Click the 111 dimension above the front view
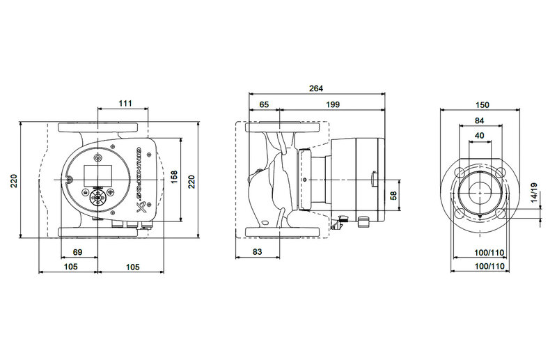[x=125, y=103]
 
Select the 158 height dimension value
[x=174, y=177]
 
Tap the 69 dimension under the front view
[x=77, y=252]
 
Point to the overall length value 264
[x=316, y=88]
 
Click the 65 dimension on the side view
[x=264, y=104]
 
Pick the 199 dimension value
[x=333, y=104]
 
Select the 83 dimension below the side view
[x=257, y=251]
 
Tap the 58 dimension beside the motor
[x=393, y=195]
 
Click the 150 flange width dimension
[x=482, y=105]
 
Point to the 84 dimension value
[x=480, y=120]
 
